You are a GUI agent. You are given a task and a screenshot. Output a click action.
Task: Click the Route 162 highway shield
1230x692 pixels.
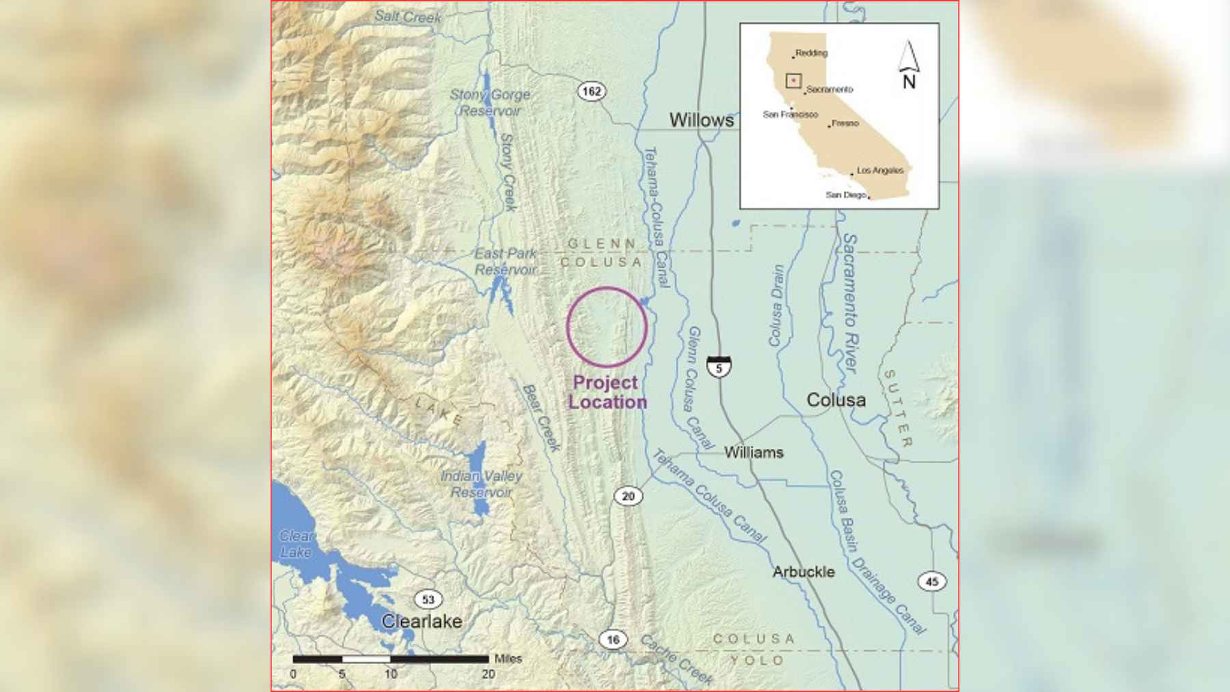592,92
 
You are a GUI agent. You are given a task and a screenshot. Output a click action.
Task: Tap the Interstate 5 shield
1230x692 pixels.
719,367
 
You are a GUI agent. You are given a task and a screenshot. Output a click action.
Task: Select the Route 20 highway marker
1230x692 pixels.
628,497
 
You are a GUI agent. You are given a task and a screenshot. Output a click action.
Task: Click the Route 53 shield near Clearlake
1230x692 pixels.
428,600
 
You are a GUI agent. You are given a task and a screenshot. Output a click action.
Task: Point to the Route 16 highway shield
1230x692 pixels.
613,639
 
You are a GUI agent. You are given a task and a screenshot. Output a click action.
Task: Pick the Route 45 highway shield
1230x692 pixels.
931,581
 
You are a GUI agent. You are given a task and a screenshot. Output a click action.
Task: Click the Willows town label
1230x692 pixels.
701,120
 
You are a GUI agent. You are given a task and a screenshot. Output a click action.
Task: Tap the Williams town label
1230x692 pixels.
754,452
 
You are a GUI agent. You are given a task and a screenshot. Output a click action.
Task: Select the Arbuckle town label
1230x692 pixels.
804,572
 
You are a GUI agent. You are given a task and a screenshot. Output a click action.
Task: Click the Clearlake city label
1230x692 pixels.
422,621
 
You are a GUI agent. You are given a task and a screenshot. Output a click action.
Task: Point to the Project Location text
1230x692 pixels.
607,392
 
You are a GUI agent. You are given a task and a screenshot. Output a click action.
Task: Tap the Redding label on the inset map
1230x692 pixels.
811,53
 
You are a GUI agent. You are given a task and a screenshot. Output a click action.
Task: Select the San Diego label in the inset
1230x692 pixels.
845,195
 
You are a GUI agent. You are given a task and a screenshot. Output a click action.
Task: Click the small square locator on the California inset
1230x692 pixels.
793,81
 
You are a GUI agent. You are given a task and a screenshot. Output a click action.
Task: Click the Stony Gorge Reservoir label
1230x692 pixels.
490,102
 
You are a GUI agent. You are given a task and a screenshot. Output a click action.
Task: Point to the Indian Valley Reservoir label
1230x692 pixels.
481,484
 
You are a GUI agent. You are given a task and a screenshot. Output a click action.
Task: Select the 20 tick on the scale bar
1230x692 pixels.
488,674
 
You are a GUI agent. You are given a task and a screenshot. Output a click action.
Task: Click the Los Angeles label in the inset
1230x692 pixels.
879,170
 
